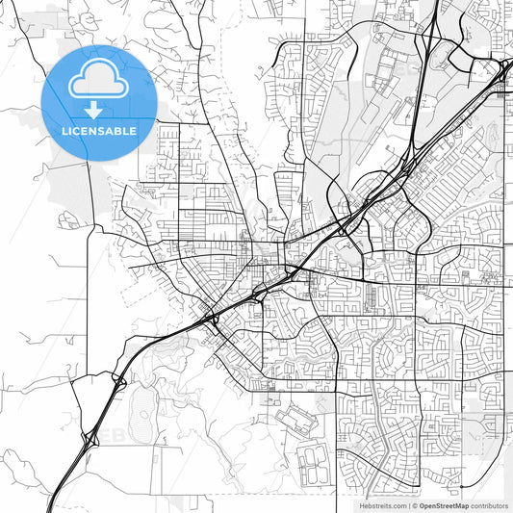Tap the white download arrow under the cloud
click(92, 111)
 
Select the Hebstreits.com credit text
click(381, 505)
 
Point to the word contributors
click(489, 505)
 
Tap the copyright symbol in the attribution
click(416, 505)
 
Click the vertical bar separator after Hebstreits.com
click(409, 505)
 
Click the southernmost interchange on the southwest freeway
click(90, 438)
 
